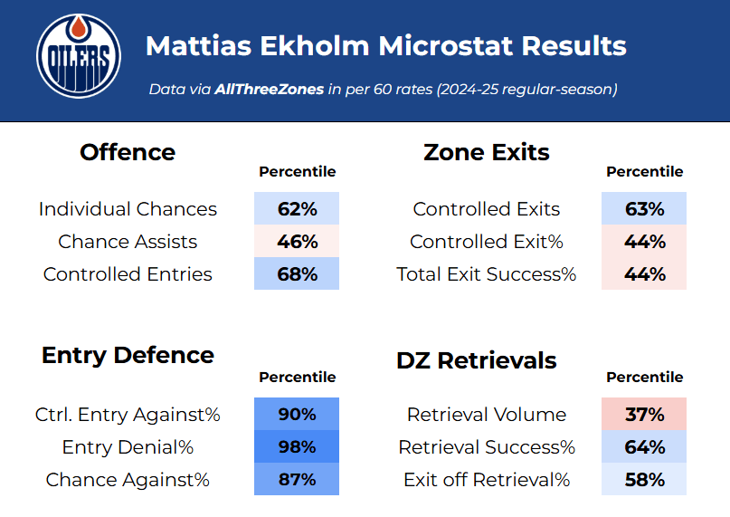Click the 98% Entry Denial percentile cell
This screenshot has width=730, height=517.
297,447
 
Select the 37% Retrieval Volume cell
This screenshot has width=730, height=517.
644,415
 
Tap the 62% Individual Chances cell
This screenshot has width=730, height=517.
297,209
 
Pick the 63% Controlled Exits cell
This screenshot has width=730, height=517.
644,209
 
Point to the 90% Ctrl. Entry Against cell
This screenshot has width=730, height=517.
297,415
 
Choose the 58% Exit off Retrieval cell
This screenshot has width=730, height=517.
644,480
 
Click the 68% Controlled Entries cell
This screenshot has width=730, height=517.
297,274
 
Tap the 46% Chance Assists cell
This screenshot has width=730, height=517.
297,242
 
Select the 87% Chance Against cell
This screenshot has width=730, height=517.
297,480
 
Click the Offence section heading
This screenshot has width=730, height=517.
128,152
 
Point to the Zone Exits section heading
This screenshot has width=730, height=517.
487,152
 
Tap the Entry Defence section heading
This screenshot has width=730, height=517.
128,355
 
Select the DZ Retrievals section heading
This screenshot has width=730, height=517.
477,360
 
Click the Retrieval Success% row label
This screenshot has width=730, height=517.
487,447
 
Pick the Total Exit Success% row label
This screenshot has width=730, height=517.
487,274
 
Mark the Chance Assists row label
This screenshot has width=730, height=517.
128,242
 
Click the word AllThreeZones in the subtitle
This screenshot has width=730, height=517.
269,90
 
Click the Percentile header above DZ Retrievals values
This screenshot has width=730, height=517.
644,377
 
